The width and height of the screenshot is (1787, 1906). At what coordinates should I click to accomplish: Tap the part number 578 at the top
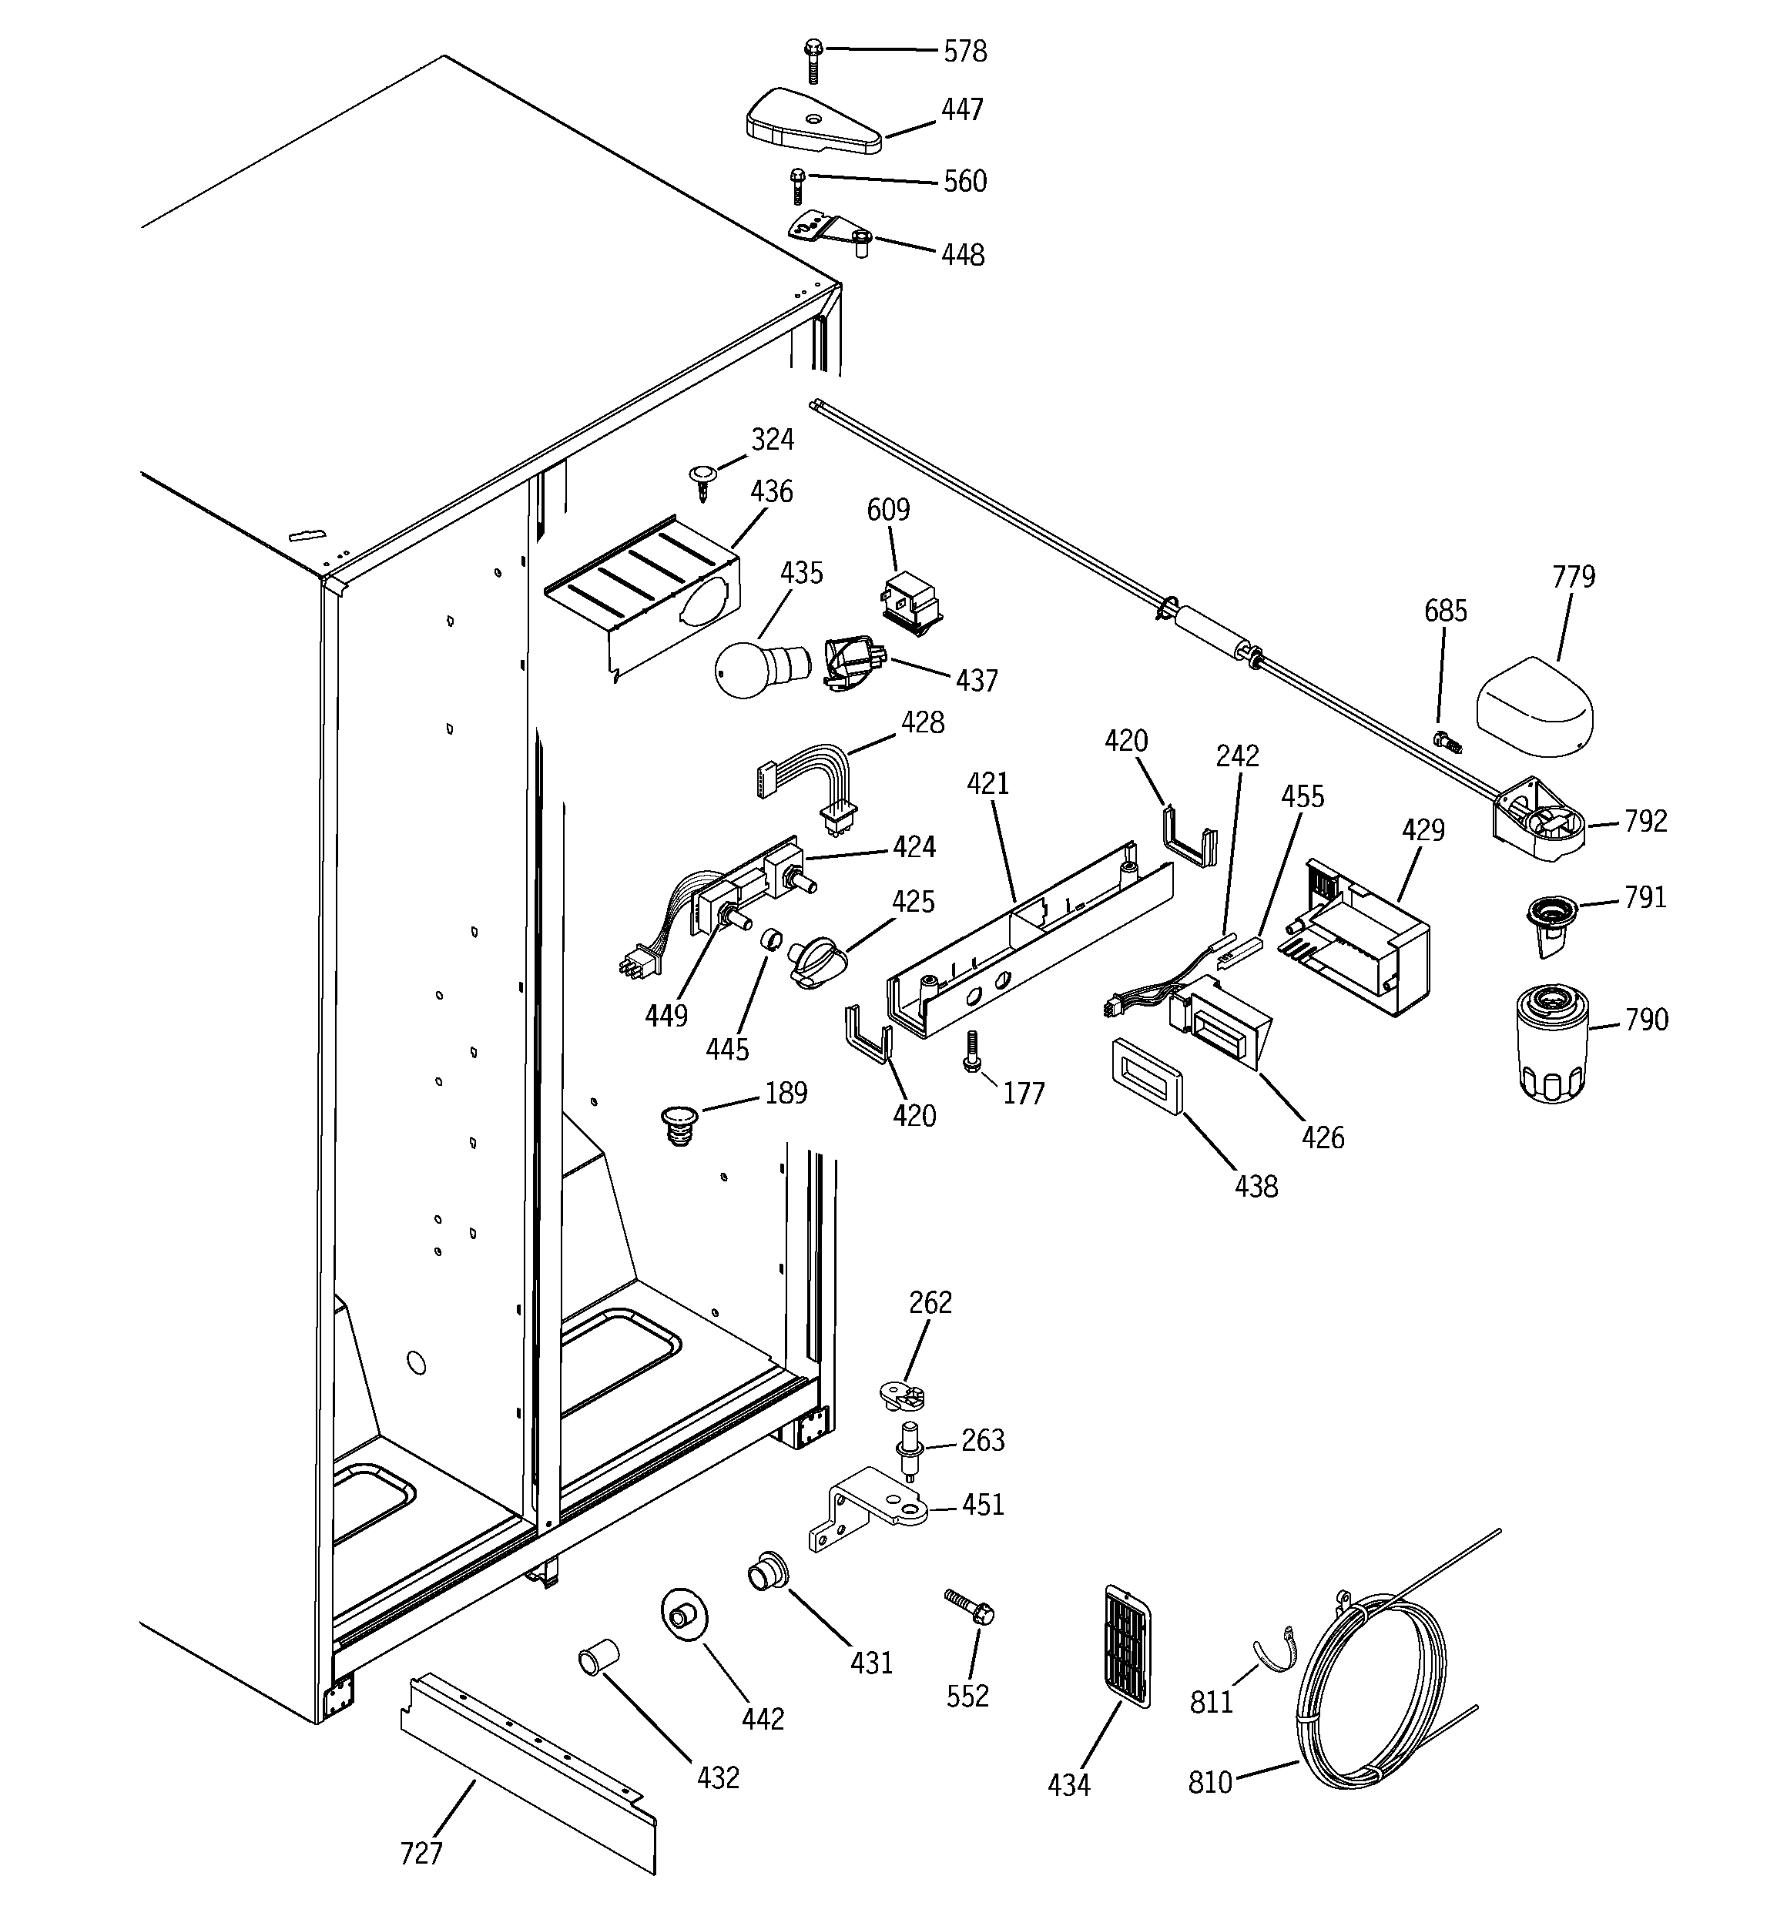pyautogui.click(x=965, y=52)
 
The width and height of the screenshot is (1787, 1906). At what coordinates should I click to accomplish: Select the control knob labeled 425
pyautogui.click(x=816, y=962)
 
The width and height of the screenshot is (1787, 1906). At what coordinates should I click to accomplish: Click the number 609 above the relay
pyautogui.click(x=888, y=510)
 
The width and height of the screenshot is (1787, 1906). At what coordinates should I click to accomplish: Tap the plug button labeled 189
pyautogui.click(x=680, y=1124)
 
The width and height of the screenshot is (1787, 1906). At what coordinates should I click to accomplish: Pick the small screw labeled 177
pyautogui.click(x=971, y=1050)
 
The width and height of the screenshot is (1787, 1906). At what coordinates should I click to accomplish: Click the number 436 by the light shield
pyautogui.click(x=771, y=492)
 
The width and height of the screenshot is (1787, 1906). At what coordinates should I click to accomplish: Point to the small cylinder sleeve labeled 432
pyautogui.click(x=598, y=1656)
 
